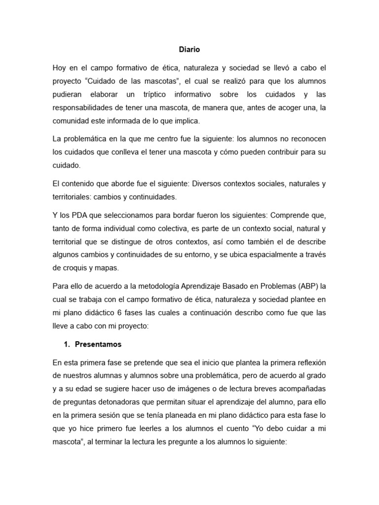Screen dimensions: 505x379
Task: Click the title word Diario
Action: coord(189,49)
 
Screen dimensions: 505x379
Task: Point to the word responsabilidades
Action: coord(85,108)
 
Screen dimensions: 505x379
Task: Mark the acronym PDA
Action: coord(78,216)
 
